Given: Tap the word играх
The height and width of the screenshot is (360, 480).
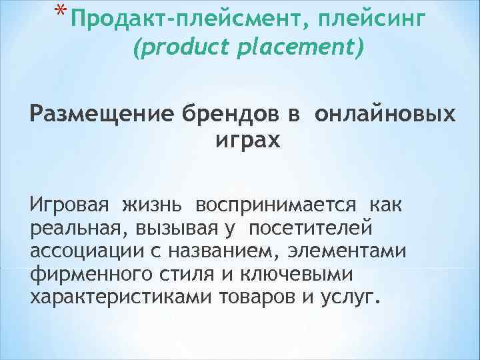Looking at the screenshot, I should [239, 142].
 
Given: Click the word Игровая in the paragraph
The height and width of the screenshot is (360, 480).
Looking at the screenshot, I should [65, 204].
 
